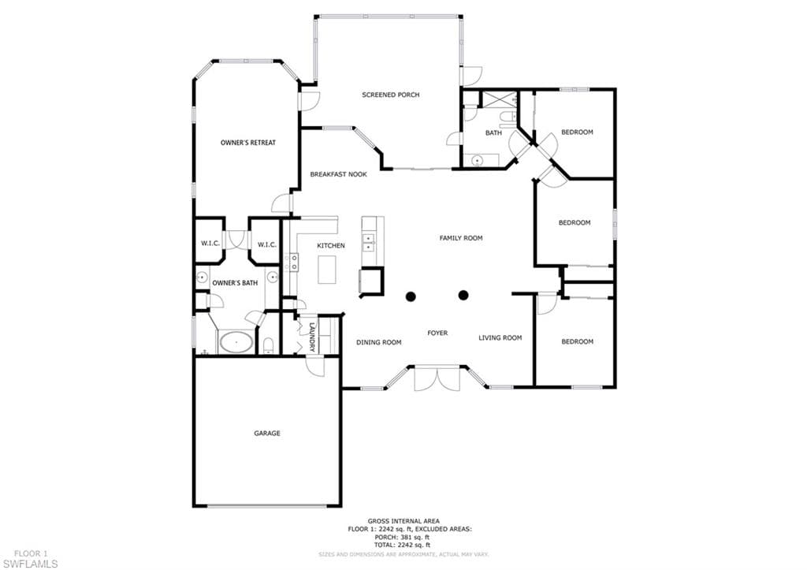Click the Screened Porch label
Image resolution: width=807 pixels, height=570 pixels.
click(x=391, y=95)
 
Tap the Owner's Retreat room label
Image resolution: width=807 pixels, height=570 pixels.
click(x=248, y=143)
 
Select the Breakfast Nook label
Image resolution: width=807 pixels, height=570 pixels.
click(x=338, y=174)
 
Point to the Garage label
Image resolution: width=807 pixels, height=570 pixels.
click(x=267, y=434)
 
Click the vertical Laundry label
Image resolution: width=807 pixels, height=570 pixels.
click(x=312, y=337)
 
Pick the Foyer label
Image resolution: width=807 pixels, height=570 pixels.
click(x=437, y=333)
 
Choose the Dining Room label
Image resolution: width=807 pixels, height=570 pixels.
click(x=379, y=342)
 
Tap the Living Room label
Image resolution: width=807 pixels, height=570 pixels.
click(x=500, y=337)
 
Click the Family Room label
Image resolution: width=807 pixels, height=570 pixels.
click(x=461, y=238)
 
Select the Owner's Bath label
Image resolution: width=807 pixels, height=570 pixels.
click(x=235, y=283)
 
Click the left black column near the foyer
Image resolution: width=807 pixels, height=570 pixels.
click(x=411, y=296)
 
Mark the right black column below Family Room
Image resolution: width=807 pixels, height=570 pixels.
click(x=463, y=295)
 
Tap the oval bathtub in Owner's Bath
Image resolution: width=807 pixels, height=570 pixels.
click(x=236, y=342)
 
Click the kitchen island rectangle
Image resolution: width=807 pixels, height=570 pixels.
click(x=327, y=270)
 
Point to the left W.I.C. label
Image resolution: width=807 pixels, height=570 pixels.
click(x=210, y=244)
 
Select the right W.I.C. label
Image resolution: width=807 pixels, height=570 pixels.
click(x=267, y=244)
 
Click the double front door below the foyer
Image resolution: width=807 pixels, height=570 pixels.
click(x=437, y=379)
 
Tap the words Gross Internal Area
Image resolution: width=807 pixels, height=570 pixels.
click(x=403, y=521)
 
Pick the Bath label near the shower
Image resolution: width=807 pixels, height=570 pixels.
click(x=493, y=133)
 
